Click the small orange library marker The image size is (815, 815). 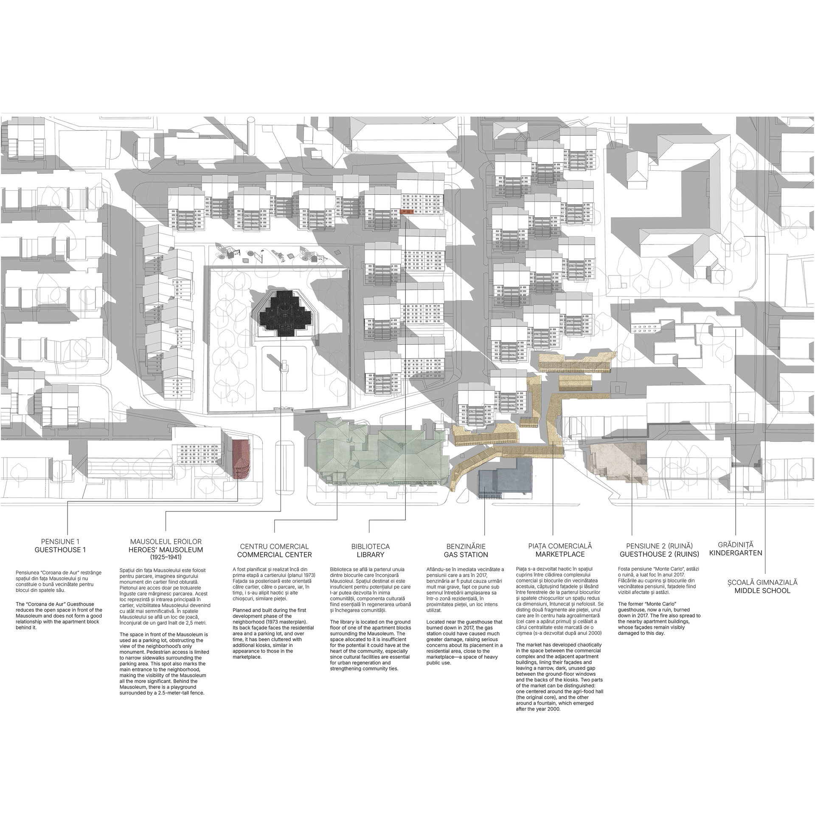pyautogui.click(x=407, y=211)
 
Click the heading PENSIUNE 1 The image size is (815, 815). pyautogui.click(x=60, y=541)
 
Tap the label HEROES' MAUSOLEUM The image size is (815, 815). pyautogui.click(x=166, y=550)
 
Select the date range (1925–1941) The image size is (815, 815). pyautogui.click(x=166, y=556)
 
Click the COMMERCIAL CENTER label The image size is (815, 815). pyautogui.click(x=274, y=554)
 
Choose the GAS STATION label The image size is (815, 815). pyautogui.click(x=466, y=554)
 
